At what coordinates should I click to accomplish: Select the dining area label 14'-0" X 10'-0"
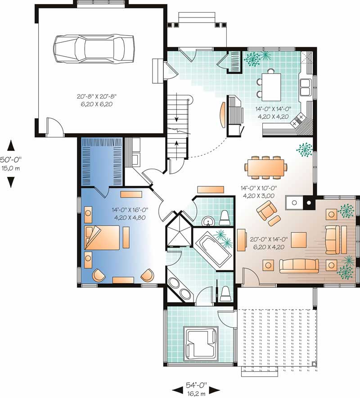coord(258,192)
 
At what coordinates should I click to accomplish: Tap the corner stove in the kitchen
coord(299,121)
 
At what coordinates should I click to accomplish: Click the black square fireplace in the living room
coord(310,203)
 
